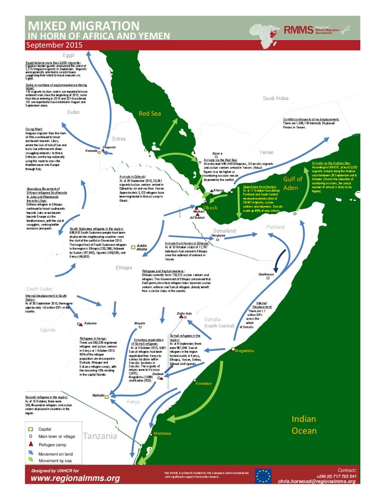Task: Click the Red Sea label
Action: point(150,114)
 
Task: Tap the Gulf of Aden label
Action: point(293,183)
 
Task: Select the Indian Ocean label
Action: point(304,425)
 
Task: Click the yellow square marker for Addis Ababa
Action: point(133,248)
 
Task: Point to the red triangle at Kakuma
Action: point(81,325)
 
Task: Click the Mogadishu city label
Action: point(244,351)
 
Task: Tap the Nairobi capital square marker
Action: point(107,397)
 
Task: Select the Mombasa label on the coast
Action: point(162,434)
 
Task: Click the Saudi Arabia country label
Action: point(276,98)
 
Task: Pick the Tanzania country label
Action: point(100,436)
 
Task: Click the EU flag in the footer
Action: point(263,476)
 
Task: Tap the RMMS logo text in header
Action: point(298,30)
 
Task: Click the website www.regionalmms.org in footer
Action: point(75,478)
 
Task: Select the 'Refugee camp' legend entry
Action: point(52,445)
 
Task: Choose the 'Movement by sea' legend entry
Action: point(55,461)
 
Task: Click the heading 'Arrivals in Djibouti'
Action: point(132,177)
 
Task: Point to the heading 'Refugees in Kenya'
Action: point(93,338)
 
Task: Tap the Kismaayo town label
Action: point(204,383)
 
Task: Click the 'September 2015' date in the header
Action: point(54,45)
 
